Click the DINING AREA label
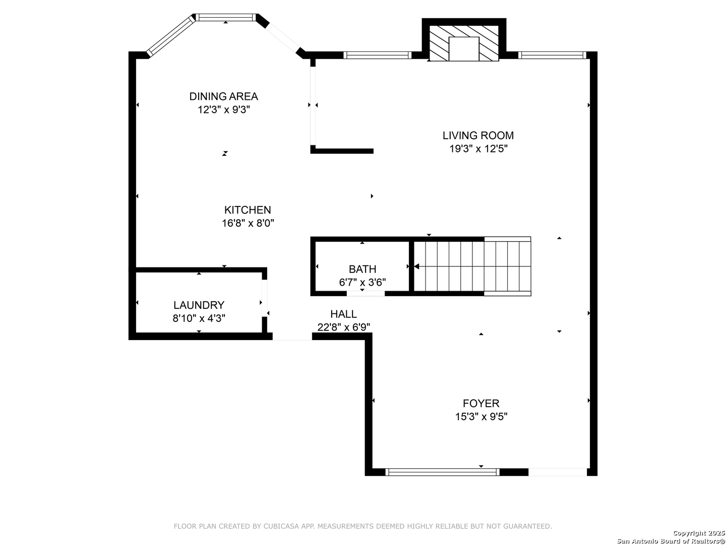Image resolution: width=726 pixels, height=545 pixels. click(223, 96)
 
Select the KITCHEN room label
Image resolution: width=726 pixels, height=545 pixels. click(248, 210)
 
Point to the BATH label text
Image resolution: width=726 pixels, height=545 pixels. click(362, 269)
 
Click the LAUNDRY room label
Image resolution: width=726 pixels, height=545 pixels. click(199, 305)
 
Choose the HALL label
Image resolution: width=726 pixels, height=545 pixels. click(343, 314)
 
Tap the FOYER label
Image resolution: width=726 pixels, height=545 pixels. click(480, 403)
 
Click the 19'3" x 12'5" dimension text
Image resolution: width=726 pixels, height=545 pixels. click(478, 148)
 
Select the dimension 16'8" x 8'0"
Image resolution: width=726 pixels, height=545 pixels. click(248, 223)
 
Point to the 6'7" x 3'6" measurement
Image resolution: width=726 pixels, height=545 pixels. click(362, 282)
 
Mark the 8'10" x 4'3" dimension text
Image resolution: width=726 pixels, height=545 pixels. click(199, 318)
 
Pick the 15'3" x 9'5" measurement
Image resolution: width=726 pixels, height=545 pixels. click(481, 416)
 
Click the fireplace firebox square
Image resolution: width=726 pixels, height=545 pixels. click(464, 48)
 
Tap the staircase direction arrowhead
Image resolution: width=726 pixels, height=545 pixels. click(417, 266)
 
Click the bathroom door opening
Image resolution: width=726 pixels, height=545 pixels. click(366, 293)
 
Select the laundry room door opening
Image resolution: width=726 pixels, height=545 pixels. click(264, 298)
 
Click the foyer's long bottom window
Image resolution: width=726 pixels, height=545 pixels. click(442, 472)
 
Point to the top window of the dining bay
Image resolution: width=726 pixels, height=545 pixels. click(225, 17)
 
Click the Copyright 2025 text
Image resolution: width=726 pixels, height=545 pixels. click(699, 532)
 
